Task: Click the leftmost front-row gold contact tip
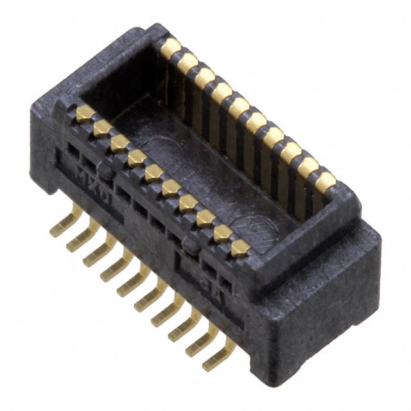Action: (85, 114)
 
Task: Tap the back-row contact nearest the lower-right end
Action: (325, 182)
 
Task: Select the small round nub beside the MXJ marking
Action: (109, 171)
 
